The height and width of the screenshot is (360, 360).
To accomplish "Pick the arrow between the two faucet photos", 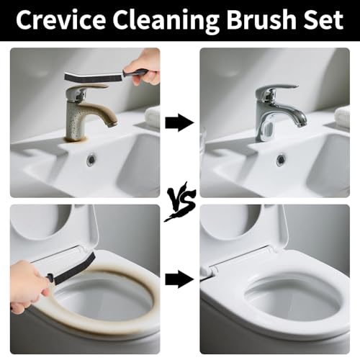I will coord(179,122).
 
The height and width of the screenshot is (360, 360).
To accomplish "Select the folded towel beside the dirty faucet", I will coord(153,117).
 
